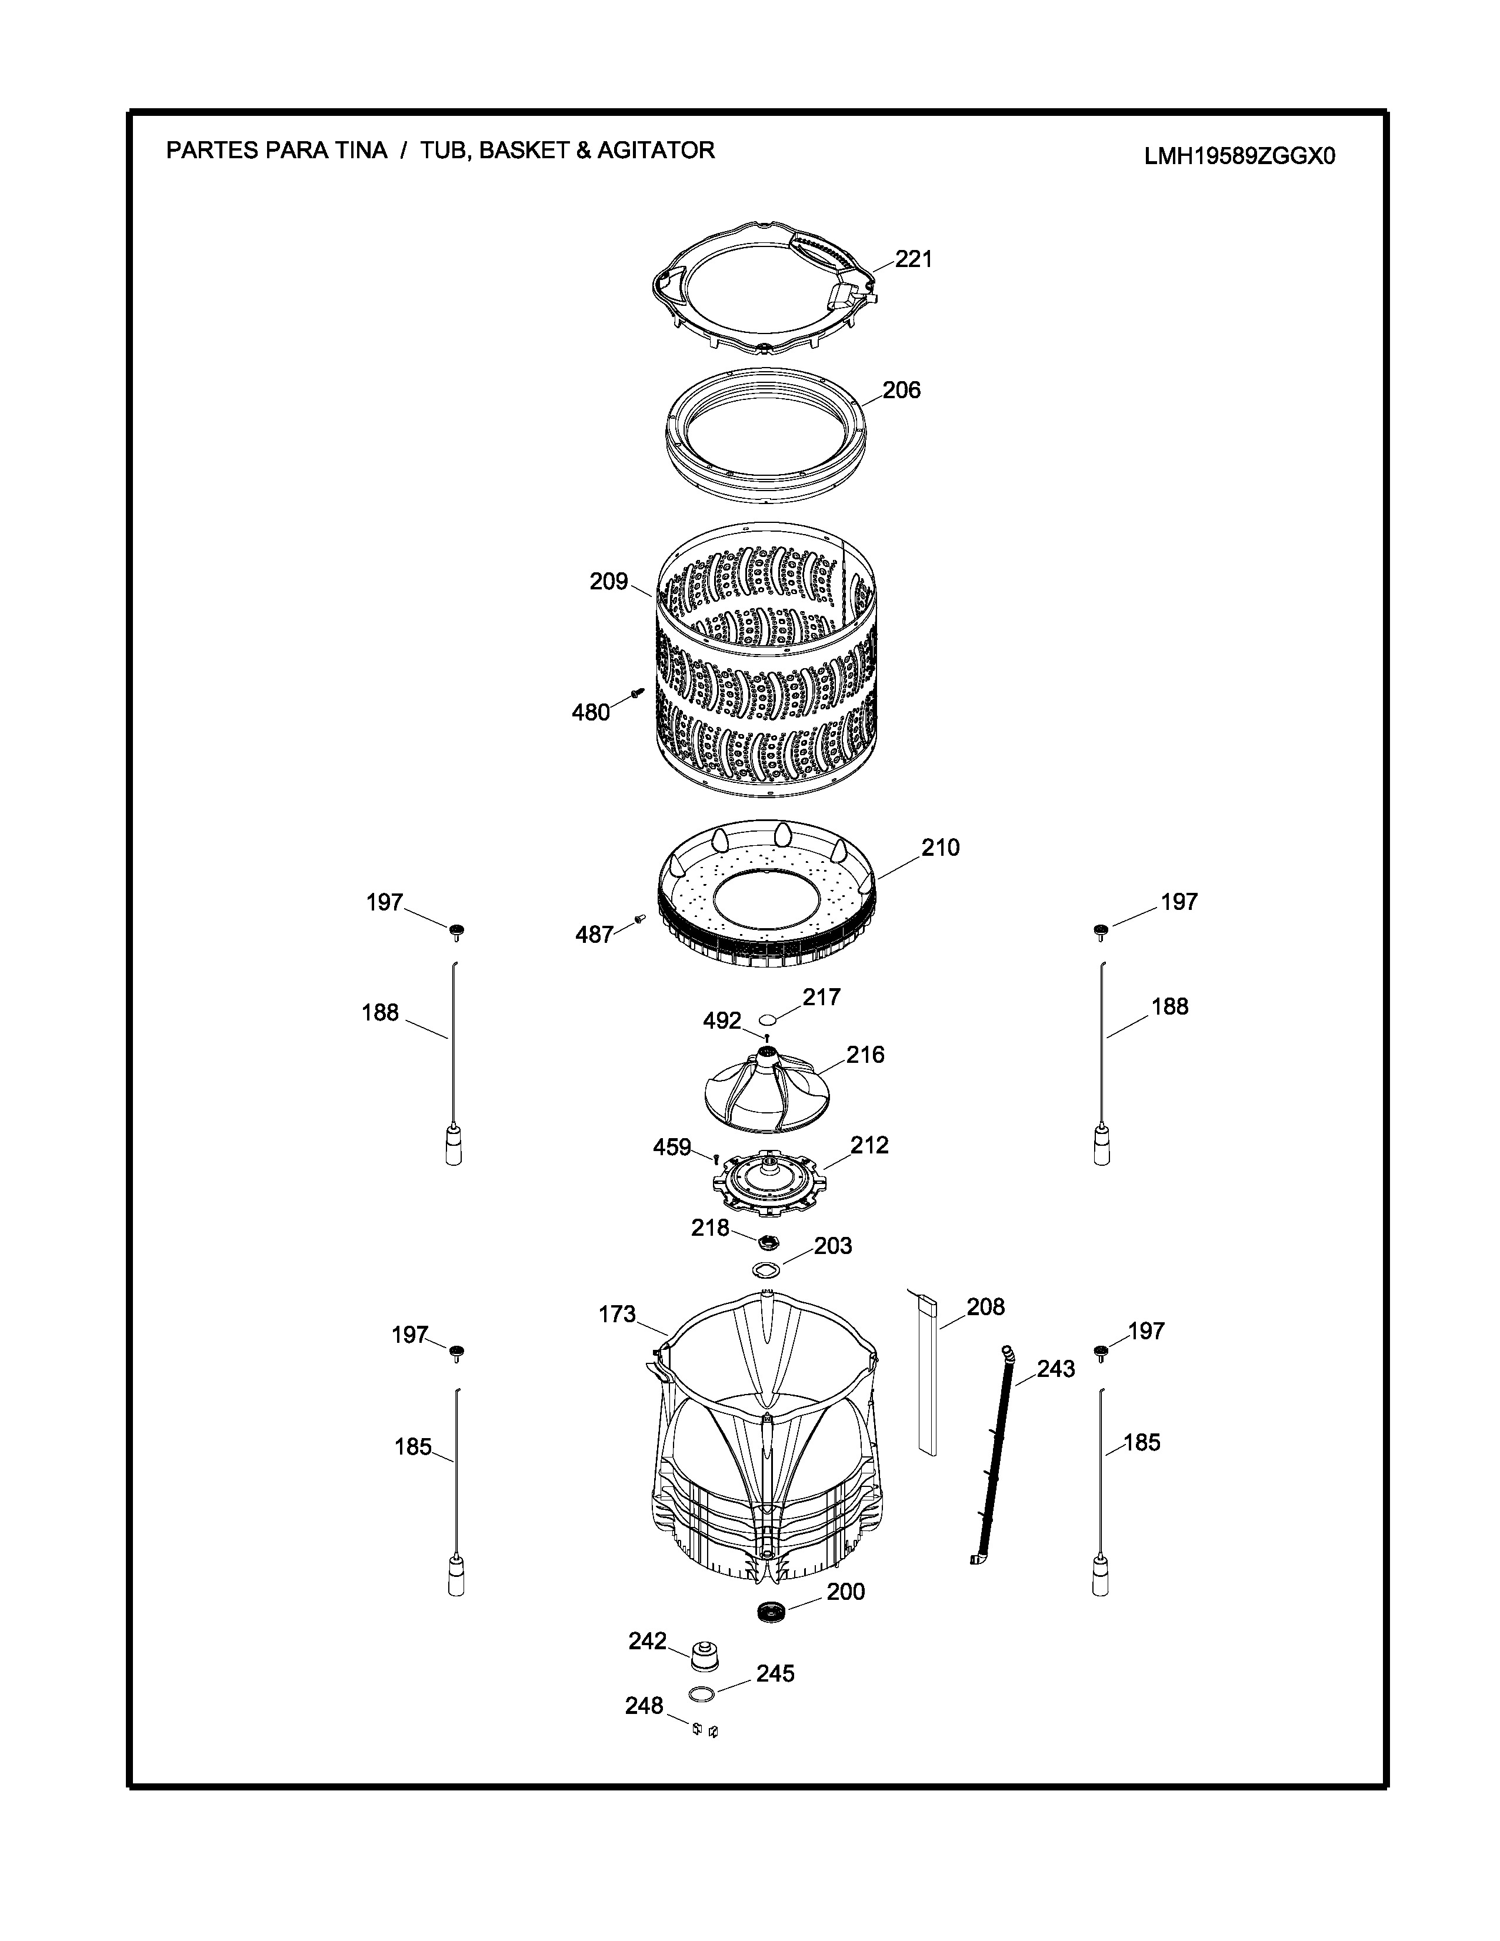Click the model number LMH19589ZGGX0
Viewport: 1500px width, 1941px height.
point(1239,156)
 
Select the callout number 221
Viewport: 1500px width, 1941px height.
point(914,259)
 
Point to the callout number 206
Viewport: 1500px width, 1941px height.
point(901,389)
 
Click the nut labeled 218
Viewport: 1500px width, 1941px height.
point(769,1240)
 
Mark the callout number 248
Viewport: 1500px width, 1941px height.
point(644,1706)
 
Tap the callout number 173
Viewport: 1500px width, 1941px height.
point(618,1313)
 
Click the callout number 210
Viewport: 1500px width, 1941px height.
point(940,847)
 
